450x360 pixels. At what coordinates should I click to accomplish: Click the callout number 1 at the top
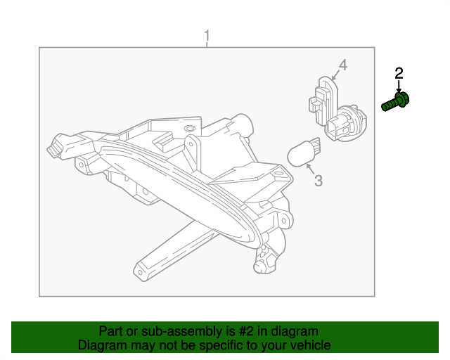pyautogui.click(x=207, y=34)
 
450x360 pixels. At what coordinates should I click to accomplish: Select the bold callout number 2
pyautogui.click(x=399, y=72)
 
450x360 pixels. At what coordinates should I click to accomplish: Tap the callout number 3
pyautogui.click(x=318, y=181)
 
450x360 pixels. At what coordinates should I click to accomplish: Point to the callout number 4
pyautogui.click(x=343, y=65)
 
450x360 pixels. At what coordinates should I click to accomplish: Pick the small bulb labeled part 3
pyautogui.click(x=304, y=152)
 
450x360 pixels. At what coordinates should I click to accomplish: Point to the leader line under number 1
pyautogui.click(x=207, y=44)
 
